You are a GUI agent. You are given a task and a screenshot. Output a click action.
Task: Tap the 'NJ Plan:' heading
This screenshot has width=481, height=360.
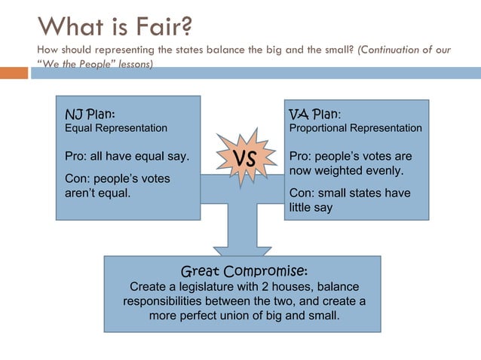(x=90, y=114)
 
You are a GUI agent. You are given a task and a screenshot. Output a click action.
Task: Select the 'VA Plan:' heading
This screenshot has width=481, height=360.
(x=315, y=114)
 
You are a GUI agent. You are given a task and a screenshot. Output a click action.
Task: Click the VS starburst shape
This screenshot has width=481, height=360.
(x=244, y=158)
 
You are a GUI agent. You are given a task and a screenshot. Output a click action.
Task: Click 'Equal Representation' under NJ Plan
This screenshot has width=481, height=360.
(x=116, y=128)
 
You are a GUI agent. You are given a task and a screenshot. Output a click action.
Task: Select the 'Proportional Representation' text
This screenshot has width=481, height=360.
(x=356, y=128)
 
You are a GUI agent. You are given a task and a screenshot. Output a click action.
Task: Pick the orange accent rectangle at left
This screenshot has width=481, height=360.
(x=14, y=73)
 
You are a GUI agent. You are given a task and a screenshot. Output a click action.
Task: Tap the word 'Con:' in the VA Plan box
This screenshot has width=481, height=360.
(x=302, y=193)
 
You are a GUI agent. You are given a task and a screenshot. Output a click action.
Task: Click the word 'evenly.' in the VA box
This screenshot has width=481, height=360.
(x=383, y=170)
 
